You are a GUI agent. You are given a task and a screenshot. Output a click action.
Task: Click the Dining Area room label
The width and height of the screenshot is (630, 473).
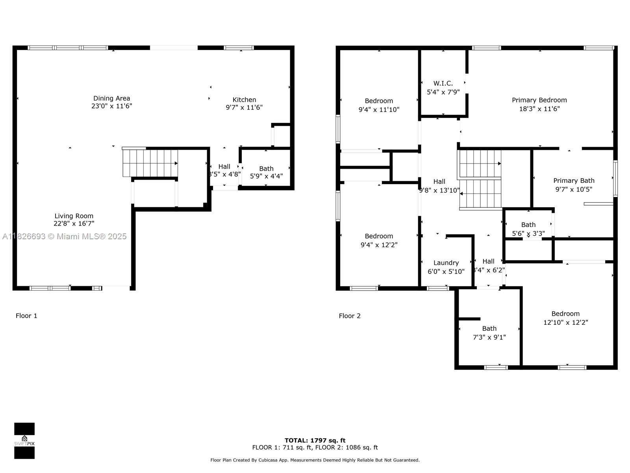(x=111, y=99)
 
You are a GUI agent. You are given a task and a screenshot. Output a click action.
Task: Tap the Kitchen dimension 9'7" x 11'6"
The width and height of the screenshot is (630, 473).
(x=244, y=107)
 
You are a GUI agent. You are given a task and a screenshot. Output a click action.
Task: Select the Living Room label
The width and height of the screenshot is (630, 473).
(x=74, y=216)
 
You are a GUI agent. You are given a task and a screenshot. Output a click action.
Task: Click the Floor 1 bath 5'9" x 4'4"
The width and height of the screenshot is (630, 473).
(x=266, y=173)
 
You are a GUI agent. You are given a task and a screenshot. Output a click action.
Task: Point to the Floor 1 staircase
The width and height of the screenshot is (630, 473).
(x=150, y=163)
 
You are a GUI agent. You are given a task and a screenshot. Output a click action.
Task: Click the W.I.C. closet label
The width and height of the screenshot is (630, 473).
(x=443, y=84)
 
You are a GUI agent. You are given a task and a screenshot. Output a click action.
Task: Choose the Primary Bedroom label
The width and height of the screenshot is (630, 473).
(x=539, y=100)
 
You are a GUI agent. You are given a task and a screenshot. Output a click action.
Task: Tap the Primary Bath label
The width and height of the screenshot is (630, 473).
(x=574, y=181)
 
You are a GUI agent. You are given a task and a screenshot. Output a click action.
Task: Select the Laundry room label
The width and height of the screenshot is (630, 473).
(x=446, y=263)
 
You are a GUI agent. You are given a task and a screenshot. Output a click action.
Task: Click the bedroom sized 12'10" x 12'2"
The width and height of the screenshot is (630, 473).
(x=565, y=318)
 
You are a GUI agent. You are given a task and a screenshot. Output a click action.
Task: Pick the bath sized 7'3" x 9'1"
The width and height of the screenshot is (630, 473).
(x=489, y=333)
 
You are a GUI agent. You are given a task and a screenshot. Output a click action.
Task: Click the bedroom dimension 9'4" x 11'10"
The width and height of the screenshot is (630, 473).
(x=379, y=110)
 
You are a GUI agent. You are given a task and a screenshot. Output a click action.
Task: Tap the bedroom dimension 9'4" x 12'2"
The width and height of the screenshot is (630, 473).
(x=379, y=245)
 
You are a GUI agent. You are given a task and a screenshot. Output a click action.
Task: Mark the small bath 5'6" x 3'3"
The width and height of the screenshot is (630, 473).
(x=528, y=229)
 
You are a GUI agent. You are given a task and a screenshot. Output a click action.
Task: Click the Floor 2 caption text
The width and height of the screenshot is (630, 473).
(x=350, y=316)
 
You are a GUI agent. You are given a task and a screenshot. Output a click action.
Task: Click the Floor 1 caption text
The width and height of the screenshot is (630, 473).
(x=26, y=316)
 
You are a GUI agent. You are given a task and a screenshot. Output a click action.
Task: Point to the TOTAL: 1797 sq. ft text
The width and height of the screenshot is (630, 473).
(x=315, y=440)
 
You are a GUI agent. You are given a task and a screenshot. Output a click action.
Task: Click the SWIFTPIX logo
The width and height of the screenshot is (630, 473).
(x=24, y=441)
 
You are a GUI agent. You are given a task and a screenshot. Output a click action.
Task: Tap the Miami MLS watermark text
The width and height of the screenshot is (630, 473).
(x=65, y=236)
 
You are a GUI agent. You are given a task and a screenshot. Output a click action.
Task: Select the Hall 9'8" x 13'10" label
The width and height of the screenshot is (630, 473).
(x=439, y=186)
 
